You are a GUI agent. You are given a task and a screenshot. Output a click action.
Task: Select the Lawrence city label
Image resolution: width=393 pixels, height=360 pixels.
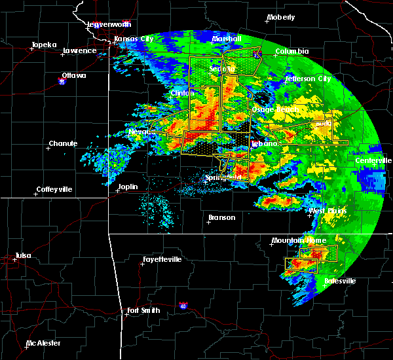pos(79,50)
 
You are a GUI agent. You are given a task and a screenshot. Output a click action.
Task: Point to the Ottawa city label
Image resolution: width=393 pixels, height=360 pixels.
pos(74,75)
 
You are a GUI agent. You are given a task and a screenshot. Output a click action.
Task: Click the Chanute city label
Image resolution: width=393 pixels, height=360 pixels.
pos(64,143)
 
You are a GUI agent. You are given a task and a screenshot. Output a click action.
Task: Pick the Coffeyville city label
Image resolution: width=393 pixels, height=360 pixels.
pos(57,190)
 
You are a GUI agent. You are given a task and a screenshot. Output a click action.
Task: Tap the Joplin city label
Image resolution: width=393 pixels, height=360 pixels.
pos(128,187)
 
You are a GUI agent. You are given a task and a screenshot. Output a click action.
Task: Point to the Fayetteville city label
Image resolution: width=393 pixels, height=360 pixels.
pos(162,259)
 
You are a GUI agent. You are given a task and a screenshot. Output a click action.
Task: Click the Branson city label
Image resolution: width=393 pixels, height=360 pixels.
pos(222,217)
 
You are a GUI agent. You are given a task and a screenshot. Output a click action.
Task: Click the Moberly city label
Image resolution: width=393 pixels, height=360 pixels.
pos(281,17)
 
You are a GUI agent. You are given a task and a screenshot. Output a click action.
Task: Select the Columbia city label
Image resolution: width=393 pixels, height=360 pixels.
pos(291,50)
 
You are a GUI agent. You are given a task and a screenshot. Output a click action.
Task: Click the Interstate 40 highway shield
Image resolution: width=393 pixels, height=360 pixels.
pos(184,306)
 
